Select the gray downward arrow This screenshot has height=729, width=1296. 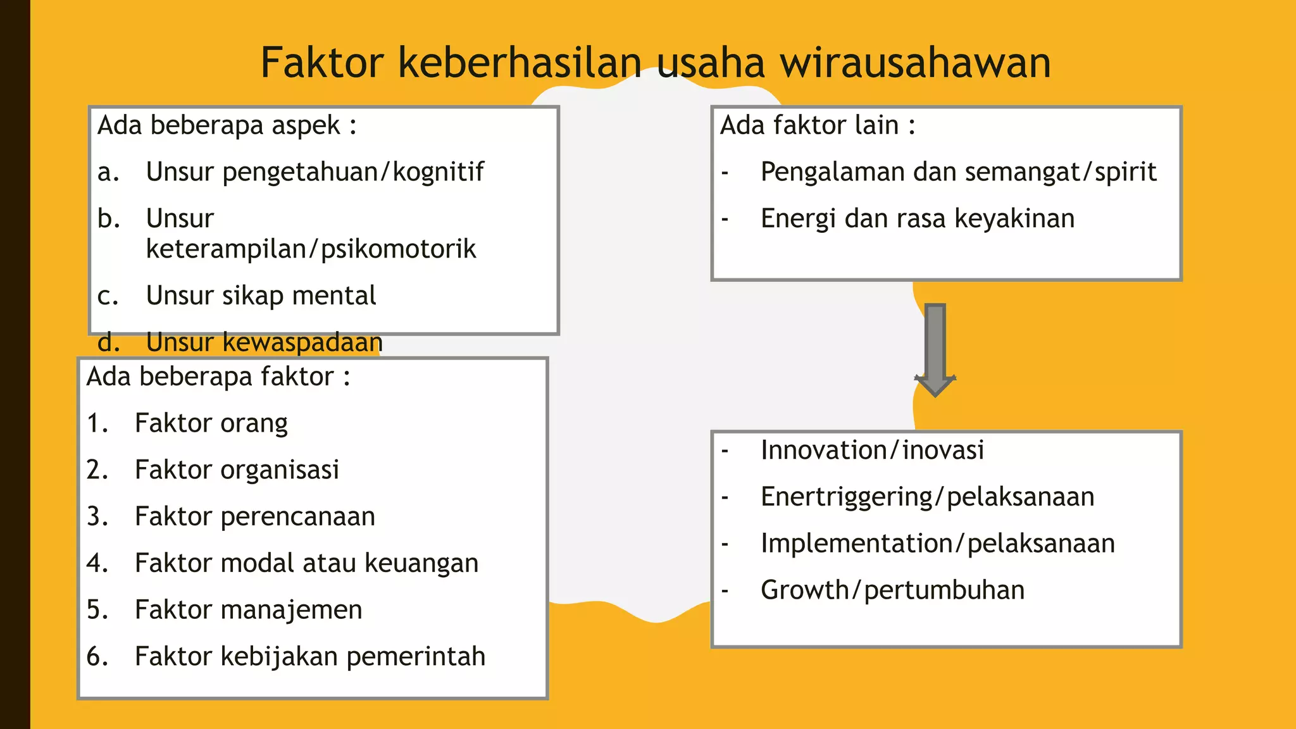[935, 349]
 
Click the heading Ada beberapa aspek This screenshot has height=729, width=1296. [227, 125]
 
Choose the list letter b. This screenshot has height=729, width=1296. [108, 218]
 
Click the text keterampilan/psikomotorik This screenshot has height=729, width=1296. [310, 249]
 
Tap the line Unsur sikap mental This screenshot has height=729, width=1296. [261, 296]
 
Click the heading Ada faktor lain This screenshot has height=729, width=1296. [817, 125]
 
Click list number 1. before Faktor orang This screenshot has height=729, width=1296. [97, 423]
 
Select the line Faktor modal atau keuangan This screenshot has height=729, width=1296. [306, 563]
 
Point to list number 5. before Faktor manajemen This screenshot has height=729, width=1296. [97, 610]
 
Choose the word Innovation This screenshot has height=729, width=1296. [823, 451]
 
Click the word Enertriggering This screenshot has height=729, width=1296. [847, 497]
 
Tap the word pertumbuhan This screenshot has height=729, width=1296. [944, 590]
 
